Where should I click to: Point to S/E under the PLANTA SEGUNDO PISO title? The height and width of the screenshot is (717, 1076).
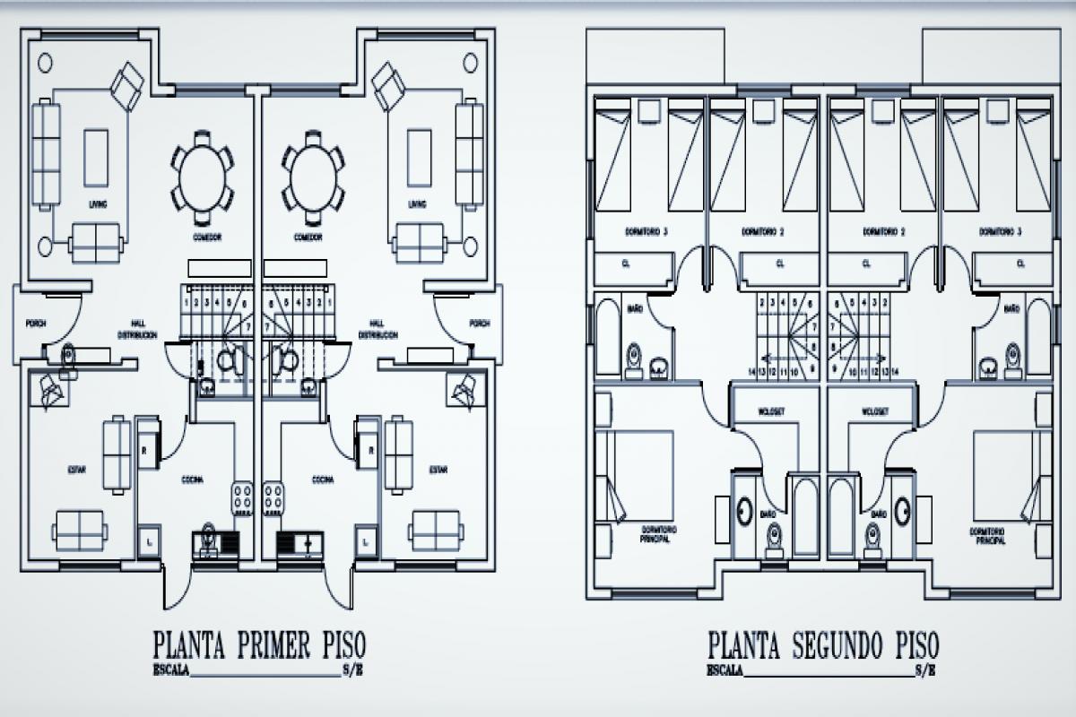tap(926, 669)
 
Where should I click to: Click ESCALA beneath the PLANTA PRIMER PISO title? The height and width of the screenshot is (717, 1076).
tap(170, 669)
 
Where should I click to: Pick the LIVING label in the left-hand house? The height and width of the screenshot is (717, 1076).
tap(98, 204)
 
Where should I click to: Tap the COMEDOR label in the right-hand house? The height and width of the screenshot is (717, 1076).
tap(308, 238)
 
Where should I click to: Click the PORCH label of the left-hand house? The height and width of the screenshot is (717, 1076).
tap(35, 324)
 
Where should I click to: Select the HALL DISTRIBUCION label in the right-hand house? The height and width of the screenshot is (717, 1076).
tap(377, 329)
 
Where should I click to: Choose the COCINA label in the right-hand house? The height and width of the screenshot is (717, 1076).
tap(323, 479)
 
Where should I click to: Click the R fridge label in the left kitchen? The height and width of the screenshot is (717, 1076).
tap(144, 450)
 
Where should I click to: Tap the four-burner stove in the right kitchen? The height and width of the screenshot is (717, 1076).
tap(273, 498)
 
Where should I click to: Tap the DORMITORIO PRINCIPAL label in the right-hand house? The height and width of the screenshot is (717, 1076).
tap(987, 536)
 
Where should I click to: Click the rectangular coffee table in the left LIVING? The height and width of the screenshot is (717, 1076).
tap(96, 157)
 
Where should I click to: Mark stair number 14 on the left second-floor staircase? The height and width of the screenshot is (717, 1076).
tap(751, 369)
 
